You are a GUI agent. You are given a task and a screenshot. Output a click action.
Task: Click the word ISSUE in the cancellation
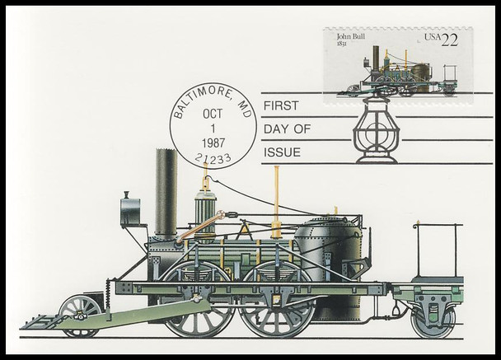point(279,152)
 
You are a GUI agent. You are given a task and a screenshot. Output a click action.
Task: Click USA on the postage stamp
point(431,36)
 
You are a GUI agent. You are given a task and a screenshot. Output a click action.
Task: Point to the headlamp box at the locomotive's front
point(130,211)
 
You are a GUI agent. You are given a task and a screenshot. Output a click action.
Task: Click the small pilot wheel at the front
point(80,312)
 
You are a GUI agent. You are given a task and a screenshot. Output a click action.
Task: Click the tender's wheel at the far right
point(432,320)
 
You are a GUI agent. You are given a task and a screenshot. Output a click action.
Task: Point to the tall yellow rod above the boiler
point(277,201)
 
